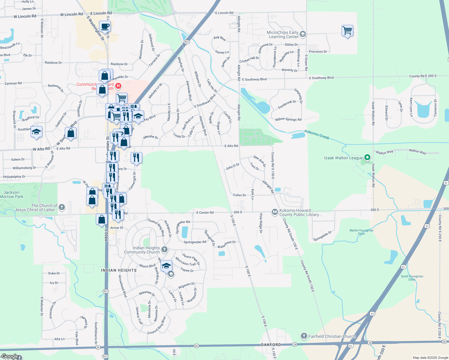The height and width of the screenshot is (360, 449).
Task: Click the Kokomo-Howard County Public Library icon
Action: coord(275,212)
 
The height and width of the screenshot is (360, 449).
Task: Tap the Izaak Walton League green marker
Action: coord(367,157)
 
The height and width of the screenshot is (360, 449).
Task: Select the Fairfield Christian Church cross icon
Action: coord(304,336)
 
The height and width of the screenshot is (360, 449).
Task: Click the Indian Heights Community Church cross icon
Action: coord(164,250)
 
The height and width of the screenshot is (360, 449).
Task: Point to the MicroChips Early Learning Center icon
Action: coord(303,34)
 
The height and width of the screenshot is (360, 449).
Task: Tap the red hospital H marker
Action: coord(118,86)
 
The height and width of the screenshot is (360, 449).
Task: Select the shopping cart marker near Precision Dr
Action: coord(347,30)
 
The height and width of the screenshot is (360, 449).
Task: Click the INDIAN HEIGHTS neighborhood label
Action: coord(119,270)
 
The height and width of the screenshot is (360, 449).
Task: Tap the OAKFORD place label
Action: coord(271,345)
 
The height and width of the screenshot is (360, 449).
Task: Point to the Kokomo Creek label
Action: coord(317,135)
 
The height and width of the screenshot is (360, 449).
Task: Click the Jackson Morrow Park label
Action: coord(12,194)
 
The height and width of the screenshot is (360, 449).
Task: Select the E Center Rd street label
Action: coord(205,212)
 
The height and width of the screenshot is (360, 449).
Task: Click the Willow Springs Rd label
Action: coord(288,119)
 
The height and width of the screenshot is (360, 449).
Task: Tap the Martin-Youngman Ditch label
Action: coord(361,232)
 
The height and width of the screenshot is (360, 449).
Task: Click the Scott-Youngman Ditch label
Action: coord(412,278)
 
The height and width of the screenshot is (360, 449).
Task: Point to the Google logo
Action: coord(10,356)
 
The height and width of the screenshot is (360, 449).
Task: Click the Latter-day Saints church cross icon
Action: coord(62,207)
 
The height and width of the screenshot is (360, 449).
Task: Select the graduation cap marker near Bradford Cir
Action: coord(36,132)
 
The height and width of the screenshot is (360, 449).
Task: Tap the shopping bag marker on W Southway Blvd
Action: coord(71,133)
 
